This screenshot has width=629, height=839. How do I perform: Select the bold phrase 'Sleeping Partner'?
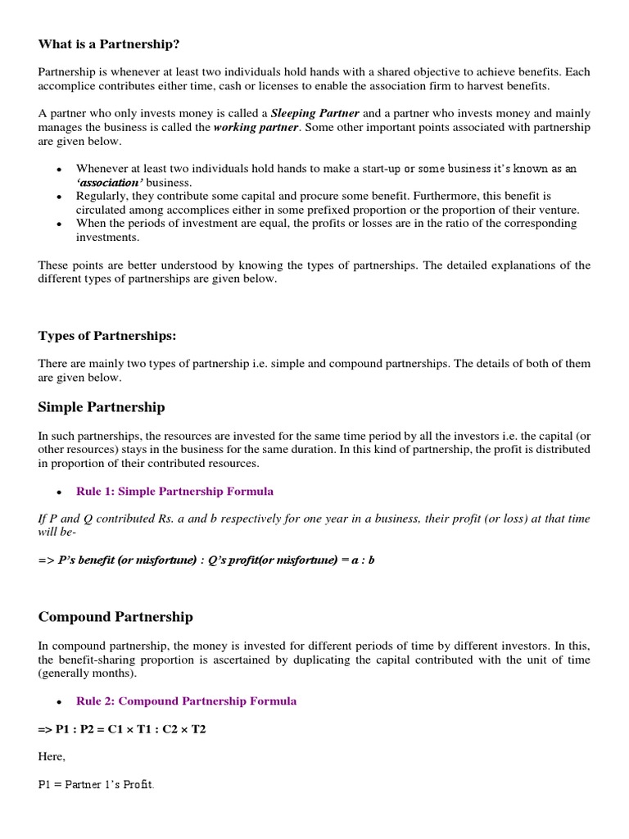click(x=314, y=113)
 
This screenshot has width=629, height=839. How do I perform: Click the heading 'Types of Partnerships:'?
click(x=106, y=336)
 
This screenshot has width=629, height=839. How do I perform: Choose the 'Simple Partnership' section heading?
click(x=102, y=407)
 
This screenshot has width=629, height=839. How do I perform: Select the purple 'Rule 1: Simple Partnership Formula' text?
click(x=174, y=492)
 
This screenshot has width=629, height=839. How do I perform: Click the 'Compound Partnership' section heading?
click(x=115, y=617)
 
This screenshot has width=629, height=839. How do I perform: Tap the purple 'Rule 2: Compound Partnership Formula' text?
click(x=186, y=701)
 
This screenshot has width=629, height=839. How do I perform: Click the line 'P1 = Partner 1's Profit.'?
click(x=97, y=785)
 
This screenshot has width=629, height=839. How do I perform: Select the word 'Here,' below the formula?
click(x=52, y=757)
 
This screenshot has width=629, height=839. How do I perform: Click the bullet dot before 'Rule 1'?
click(x=59, y=492)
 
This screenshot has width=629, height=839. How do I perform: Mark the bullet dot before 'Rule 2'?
click(x=59, y=702)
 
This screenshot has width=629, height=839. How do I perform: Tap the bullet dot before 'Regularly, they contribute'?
click(x=59, y=197)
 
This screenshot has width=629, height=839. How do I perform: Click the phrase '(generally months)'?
click(x=83, y=673)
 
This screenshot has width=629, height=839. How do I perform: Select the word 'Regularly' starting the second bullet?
click(x=102, y=197)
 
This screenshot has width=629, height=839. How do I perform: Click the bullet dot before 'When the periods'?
click(x=59, y=224)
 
